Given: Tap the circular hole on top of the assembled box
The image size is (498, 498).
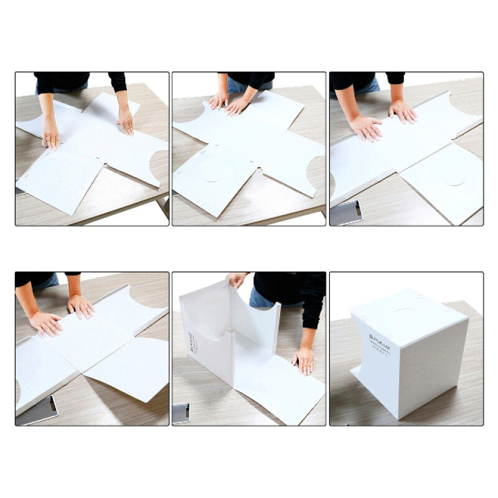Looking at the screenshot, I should pyautogui.click(x=405, y=313).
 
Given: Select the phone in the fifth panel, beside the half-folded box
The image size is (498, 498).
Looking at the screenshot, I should pyautogui.click(x=182, y=413).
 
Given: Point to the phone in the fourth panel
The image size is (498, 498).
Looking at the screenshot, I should pyautogui.click(x=39, y=411).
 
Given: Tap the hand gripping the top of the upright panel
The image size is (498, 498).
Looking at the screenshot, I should pyautogui.click(x=237, y=280).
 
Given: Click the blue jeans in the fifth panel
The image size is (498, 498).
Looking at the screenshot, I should pyautogui.click(x=261, y=299).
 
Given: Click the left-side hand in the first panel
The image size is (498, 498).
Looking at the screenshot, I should pyautogui.click(x=50, y=132).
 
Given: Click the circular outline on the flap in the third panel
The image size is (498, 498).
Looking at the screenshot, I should pyautogui.click(x=454, y=179).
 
